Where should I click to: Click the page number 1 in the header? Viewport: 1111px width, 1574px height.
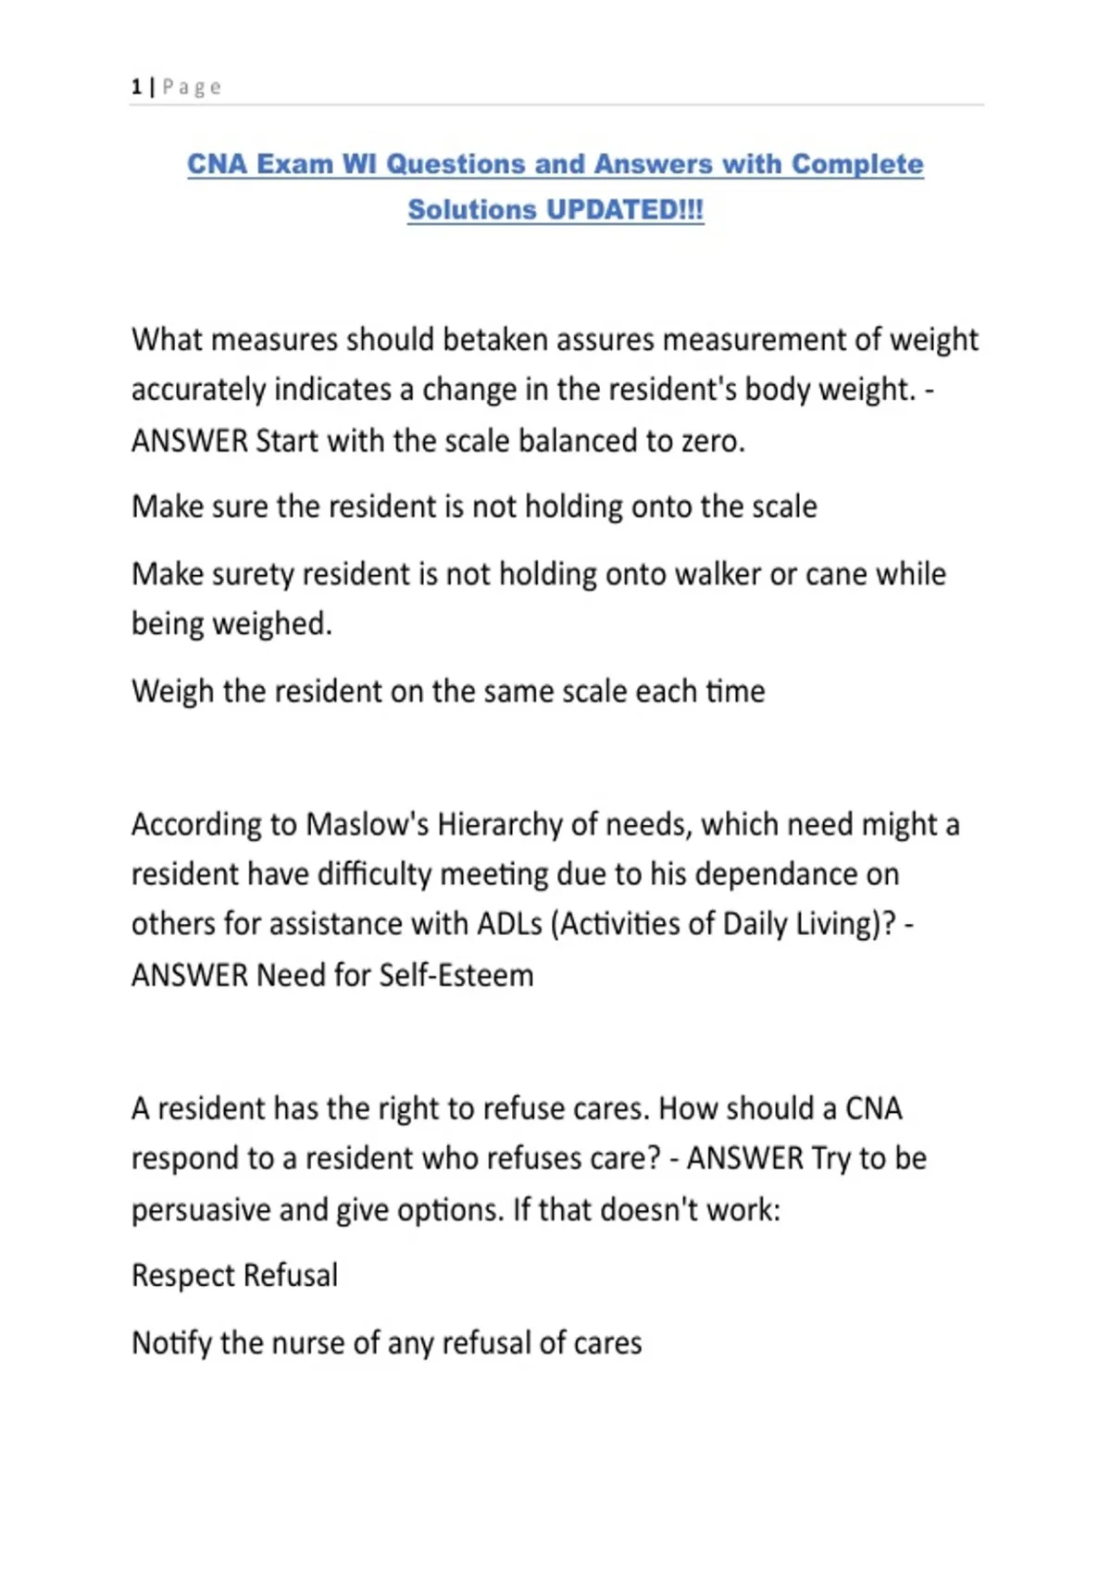136,87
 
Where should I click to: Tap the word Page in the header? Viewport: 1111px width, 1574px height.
192,87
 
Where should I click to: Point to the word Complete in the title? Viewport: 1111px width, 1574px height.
857,164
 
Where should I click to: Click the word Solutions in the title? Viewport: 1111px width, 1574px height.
473,209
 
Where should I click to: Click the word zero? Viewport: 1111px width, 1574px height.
713,441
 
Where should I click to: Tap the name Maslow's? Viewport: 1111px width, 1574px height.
367,824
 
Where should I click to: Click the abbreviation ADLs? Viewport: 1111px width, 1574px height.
509,924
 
